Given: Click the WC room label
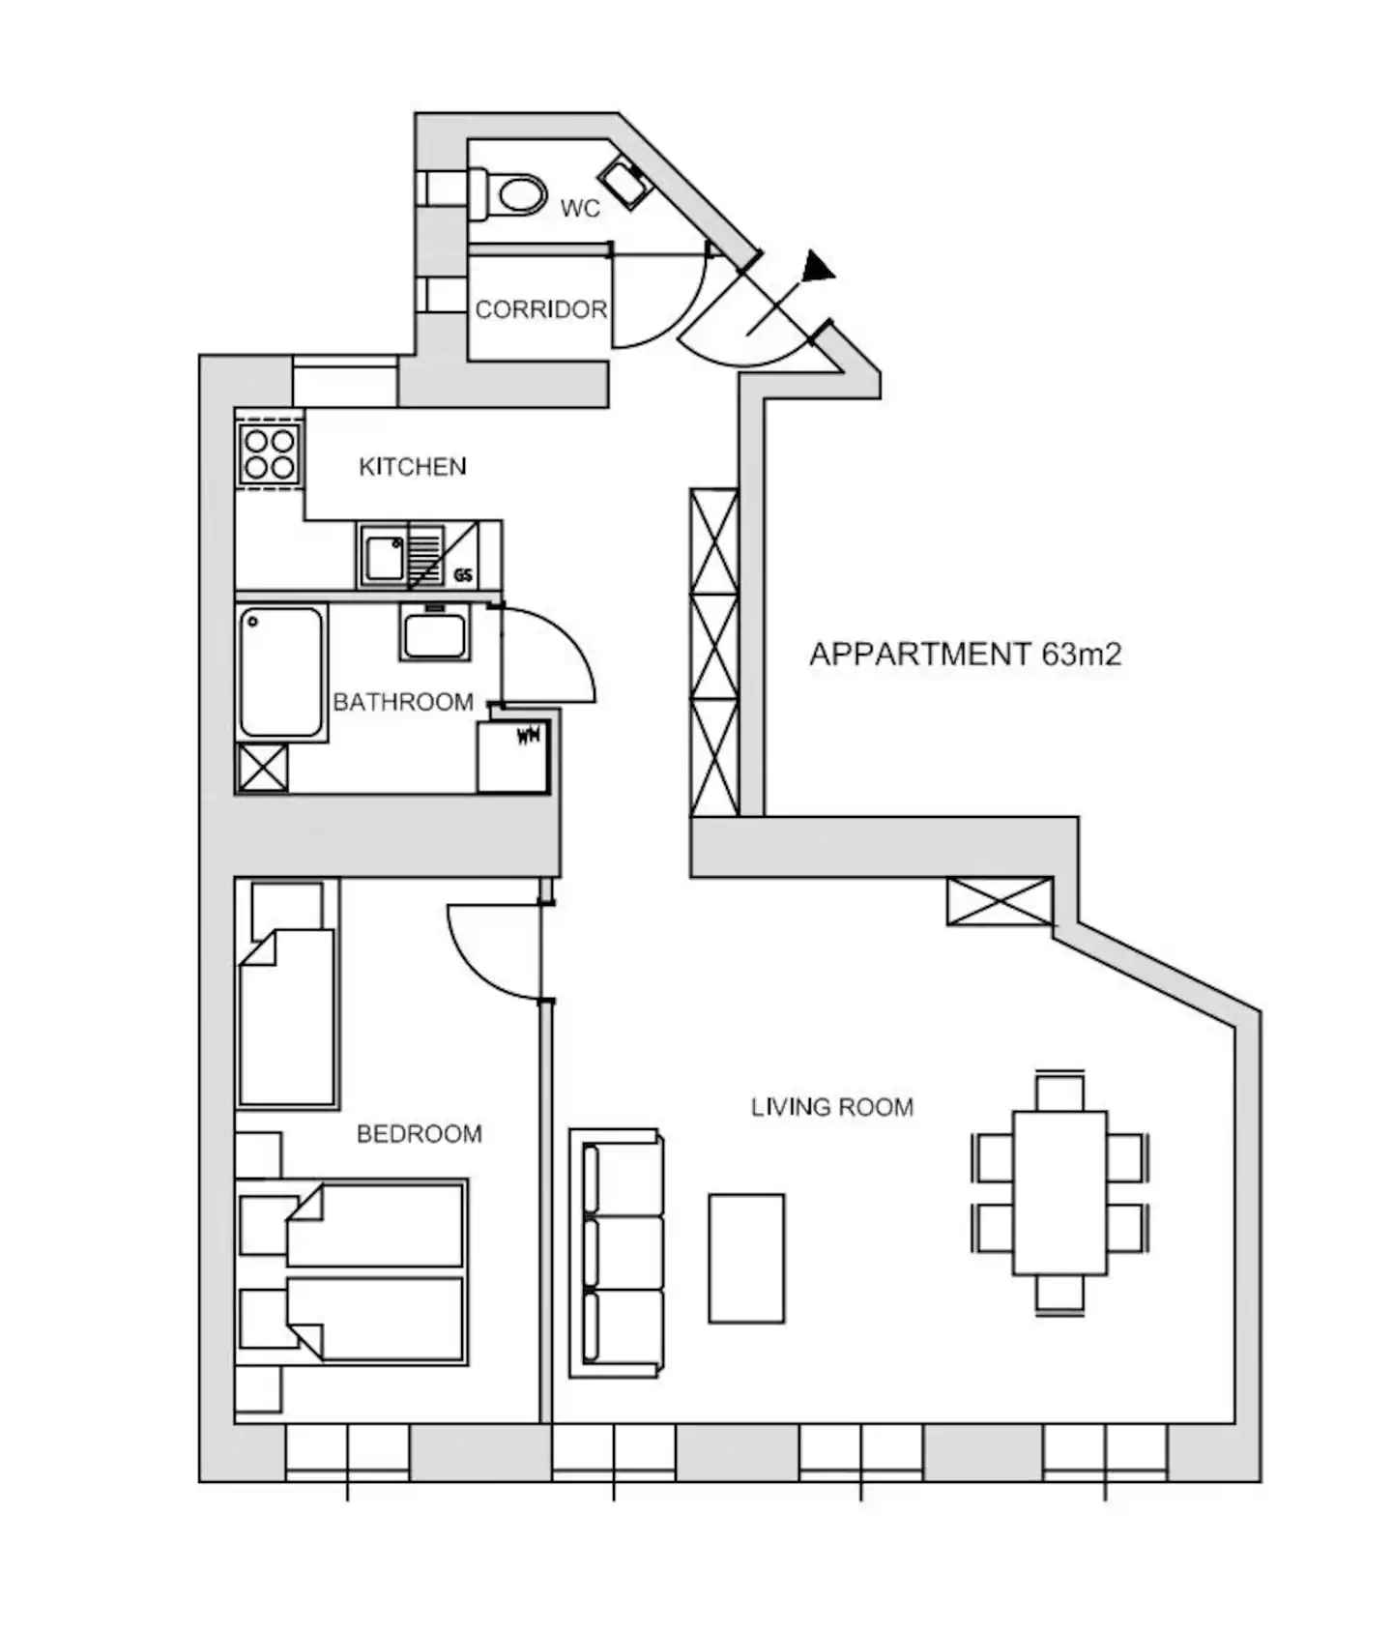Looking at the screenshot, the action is [580, 208].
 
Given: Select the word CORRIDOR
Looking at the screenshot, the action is [541, 309].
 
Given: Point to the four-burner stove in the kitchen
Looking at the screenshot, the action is [269, 454].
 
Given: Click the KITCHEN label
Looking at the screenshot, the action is [413, 467].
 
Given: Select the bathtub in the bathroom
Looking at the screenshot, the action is [281, 673].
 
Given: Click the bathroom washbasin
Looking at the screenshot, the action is [435, 633].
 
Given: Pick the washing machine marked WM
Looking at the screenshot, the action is [513, 757].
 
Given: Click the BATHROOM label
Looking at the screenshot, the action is [403, 702].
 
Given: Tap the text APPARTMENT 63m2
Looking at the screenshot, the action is [965, 655].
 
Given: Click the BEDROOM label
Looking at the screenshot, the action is [420, 1134].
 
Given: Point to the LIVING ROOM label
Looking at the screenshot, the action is [832, 1107].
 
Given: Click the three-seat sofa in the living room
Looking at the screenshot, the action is [617, 1253].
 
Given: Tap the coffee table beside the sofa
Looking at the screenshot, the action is [746, 1258].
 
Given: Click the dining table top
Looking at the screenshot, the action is [1059, 1193].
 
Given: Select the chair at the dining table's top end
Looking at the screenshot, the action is [1059, 1092].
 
